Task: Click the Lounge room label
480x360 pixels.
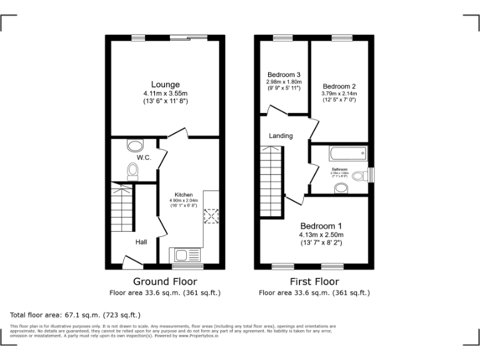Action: (165, 84)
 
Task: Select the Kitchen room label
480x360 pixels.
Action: (183, 195)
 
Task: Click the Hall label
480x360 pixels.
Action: (141, 241)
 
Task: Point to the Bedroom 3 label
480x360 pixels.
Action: (284, 74)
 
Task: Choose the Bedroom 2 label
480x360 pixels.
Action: (339, 86)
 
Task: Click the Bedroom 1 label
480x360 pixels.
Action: (321, 226)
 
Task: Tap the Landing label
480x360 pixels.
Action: (281, 136)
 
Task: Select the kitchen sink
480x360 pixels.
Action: (187, 254)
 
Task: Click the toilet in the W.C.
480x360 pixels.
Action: (132, 171)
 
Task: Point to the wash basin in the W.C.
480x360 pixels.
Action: (134, 146)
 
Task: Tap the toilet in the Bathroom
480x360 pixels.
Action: (358, 176)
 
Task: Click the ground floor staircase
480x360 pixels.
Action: (122, 206)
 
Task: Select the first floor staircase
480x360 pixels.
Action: (271, 181)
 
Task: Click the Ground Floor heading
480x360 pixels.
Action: (165, 282)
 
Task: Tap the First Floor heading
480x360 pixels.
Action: (314, 282)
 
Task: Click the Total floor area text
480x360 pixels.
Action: (76, 314)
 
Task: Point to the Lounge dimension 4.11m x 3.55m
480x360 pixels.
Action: (165, 94)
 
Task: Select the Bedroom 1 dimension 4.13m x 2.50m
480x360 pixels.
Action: (321, 235)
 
